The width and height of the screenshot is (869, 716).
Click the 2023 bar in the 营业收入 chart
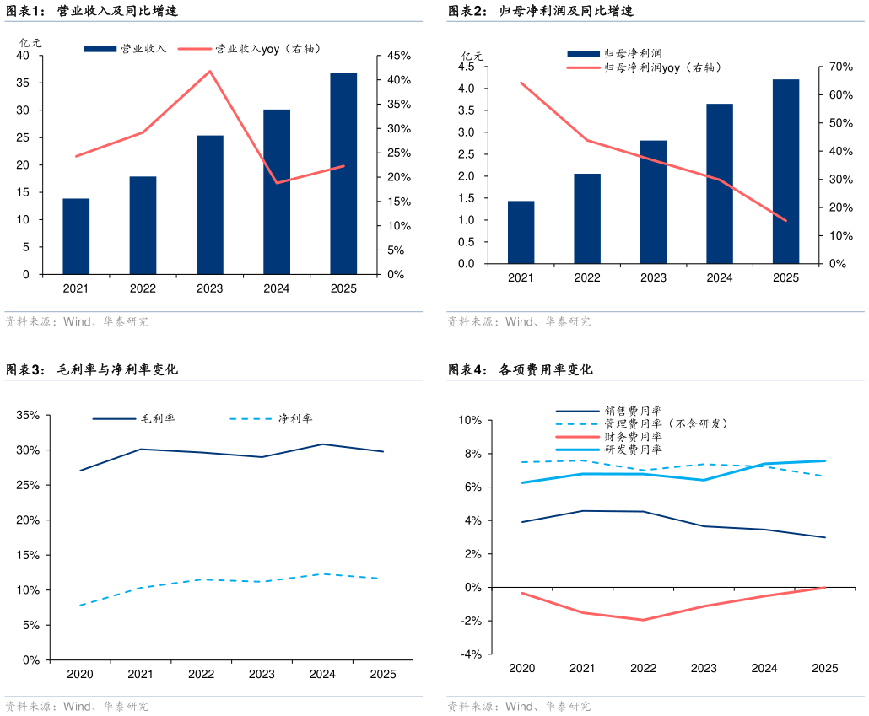tap(210, 204)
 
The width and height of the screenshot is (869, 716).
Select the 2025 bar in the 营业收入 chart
tap(343, 173)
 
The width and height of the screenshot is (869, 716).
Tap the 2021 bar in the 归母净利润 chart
tap(521, 232)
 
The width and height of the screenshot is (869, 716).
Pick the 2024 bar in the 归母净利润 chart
tap(720, 183)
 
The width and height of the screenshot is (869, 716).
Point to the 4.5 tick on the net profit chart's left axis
tap(467, 67)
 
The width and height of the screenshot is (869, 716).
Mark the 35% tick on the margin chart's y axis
tap(28, 415)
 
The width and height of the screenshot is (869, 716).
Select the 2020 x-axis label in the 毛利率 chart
tap(80, 674)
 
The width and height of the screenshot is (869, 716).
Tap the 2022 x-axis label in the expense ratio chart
tap(643, 668)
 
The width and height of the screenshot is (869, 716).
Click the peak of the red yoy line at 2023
tap(210, 71)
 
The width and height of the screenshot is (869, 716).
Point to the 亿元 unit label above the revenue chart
tap(30, 42)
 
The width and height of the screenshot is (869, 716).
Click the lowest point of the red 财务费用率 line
tap(643, 620)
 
